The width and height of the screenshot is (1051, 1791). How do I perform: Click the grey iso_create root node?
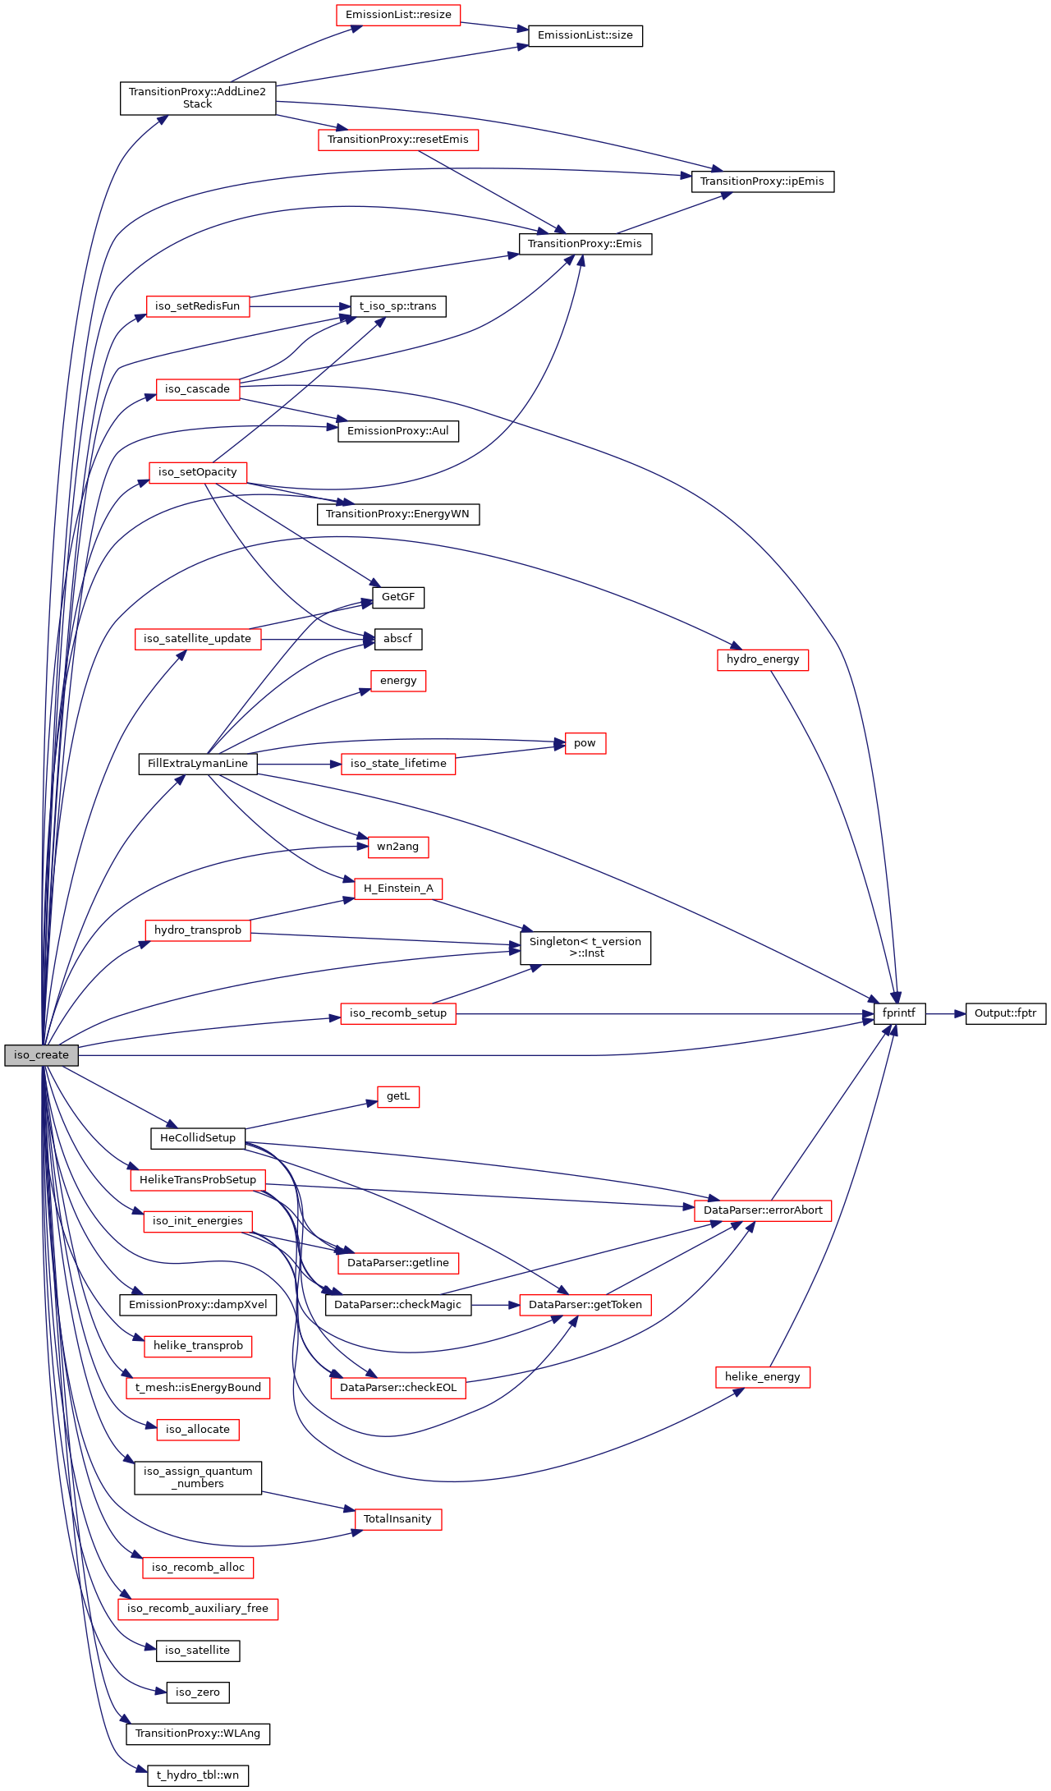pyautogui.click(x=41, y=1055)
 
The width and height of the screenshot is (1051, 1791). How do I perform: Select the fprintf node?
pyautogui.click(x=899, y=1013)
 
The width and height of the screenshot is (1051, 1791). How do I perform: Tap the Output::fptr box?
pyautogui.click(x=1005, y=1013)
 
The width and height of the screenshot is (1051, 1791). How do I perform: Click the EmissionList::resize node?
pyautogui.click(x=398, y=15)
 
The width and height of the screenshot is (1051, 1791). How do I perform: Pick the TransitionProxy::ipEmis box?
pyautogui.click(x=762, y=181)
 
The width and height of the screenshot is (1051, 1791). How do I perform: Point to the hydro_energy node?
pyautogui.click(x=762, y=659)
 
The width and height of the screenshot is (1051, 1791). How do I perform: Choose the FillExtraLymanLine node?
pyautogui.click(x=197, y=764)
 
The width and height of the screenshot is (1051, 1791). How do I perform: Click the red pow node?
pyautogui.click(x=585, y=743)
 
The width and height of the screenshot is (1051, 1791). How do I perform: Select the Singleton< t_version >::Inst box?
pyautogui.click(x=585, y=948)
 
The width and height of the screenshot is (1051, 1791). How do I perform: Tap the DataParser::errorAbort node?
pyautogui.click(x=762, y=1210)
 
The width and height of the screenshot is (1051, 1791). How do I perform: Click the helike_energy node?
pyautogui.click(x=762, y=1377)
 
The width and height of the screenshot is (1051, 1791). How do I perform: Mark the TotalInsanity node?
pyautogui.click(x=397, y=1519)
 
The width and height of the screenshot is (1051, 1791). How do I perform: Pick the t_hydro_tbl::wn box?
pyautogui.click(x=197, y=1775)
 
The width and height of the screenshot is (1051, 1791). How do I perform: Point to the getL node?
pyautogui.click(x=398, y=1096)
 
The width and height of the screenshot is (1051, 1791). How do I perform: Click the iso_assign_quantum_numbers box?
pyautogui.click(x=197, y=1477)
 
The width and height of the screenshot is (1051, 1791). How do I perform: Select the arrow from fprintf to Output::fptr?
pyautogui.click(x=945, y=1014)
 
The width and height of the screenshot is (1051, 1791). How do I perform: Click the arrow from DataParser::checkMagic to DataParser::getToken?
pyautogui.click(x=495, y=1305)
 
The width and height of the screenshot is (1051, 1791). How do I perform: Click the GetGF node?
pyautogui.click(x=398, y=597)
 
